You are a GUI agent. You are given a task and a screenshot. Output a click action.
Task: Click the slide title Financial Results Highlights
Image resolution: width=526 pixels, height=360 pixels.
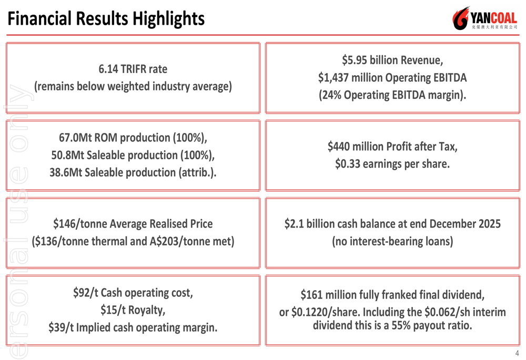tap(106, 18)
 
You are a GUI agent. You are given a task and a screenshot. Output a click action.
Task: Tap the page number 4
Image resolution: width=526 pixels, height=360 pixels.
tap(517, 353)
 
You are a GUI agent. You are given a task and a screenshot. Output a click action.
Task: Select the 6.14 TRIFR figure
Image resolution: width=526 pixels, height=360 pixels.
tap(109, 69)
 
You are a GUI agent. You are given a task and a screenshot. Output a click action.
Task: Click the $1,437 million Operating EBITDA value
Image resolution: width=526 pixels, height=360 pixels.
tap(350, 78)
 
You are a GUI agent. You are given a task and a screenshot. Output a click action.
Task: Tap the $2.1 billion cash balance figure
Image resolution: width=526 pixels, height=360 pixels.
tap(310, 224)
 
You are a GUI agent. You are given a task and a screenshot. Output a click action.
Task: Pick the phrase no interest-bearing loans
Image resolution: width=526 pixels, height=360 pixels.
tap(392, 241)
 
